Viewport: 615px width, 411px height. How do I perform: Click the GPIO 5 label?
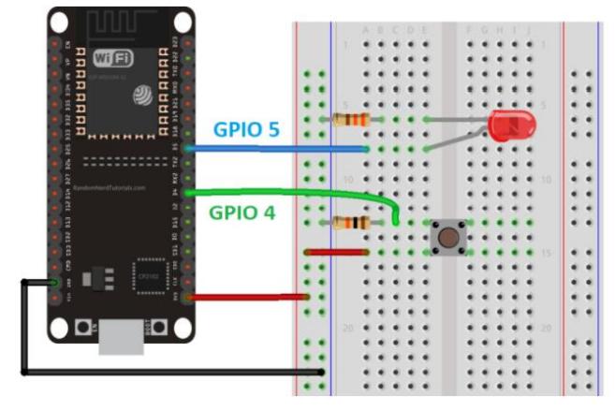tap(245, 130)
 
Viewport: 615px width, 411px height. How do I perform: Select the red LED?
tap(506, 126)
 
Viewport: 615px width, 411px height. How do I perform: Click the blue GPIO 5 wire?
tap(281, 149)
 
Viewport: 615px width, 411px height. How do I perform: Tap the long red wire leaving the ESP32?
tap(249, 298)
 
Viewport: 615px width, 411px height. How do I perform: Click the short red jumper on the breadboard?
tap(336, 252)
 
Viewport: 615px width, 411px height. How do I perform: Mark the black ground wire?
tap(168, 373)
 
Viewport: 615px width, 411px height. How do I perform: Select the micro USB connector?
tap(121, 337)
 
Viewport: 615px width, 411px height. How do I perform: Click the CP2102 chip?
tap(151, 272)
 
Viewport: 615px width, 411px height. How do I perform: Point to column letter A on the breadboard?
tap(366, 30)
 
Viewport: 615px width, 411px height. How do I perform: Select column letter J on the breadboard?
tap(529, 30)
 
